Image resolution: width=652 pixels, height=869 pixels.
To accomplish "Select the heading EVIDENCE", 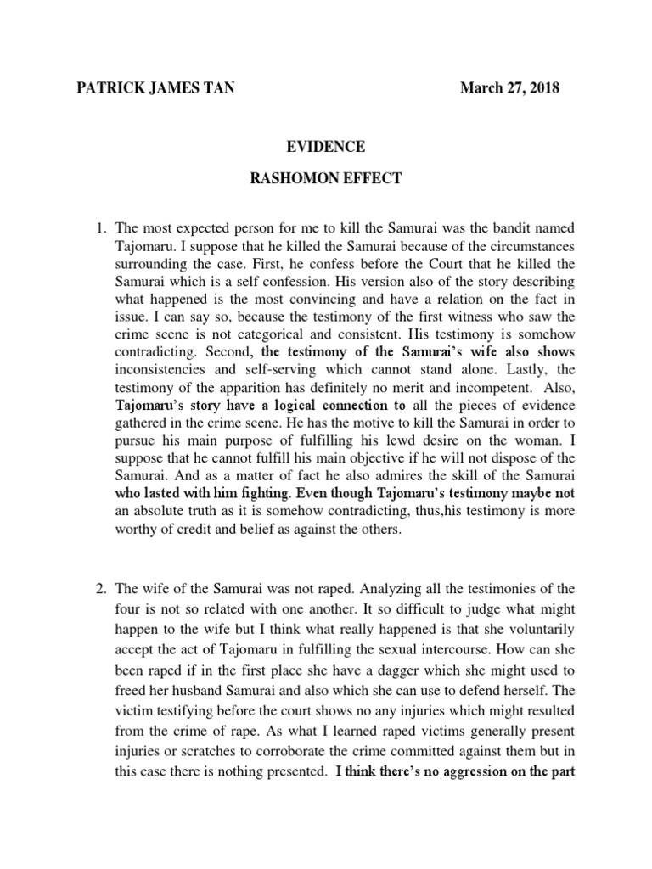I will (x=325, y=147).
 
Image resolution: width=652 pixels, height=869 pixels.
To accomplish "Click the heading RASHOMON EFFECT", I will (x=325, y=181).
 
